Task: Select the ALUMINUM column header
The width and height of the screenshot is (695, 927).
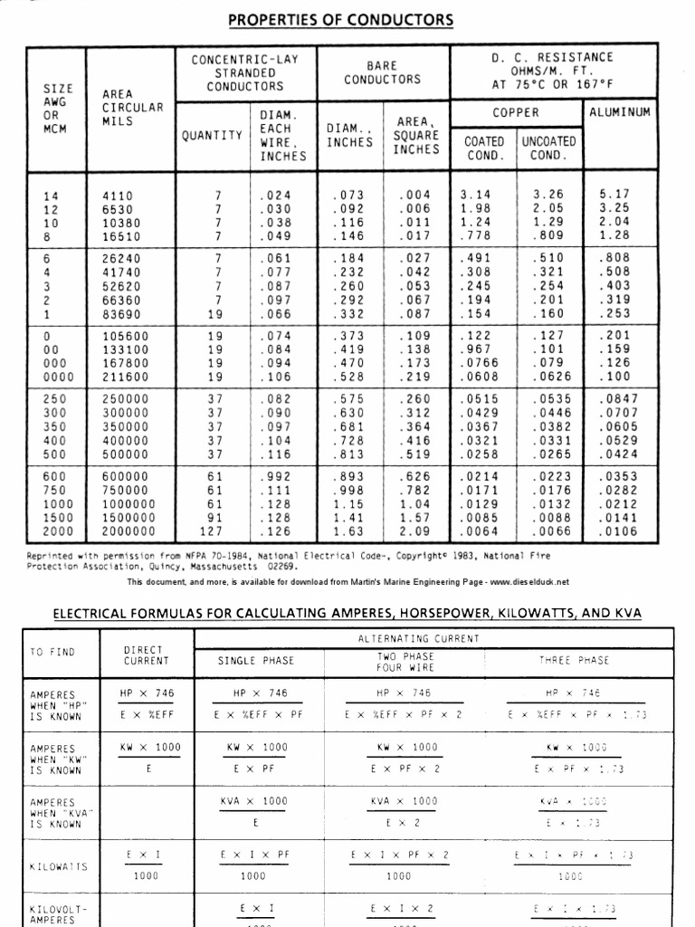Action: click(620, 112)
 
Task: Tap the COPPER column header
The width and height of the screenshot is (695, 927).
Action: click(515, 112)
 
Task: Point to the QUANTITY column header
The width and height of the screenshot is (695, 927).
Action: click(213, 135)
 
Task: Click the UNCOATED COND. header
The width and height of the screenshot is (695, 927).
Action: click(547, 148)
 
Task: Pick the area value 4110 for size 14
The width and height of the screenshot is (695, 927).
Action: click(117, 195)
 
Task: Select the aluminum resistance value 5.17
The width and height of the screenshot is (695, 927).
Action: click(614, 195)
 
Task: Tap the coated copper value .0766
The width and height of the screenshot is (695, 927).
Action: click(480, 362)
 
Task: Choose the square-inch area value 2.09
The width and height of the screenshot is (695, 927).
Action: click(414, 531)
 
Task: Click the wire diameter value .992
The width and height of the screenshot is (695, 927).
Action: click(275, 476)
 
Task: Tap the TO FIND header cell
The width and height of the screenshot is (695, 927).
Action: click(53, 652)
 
